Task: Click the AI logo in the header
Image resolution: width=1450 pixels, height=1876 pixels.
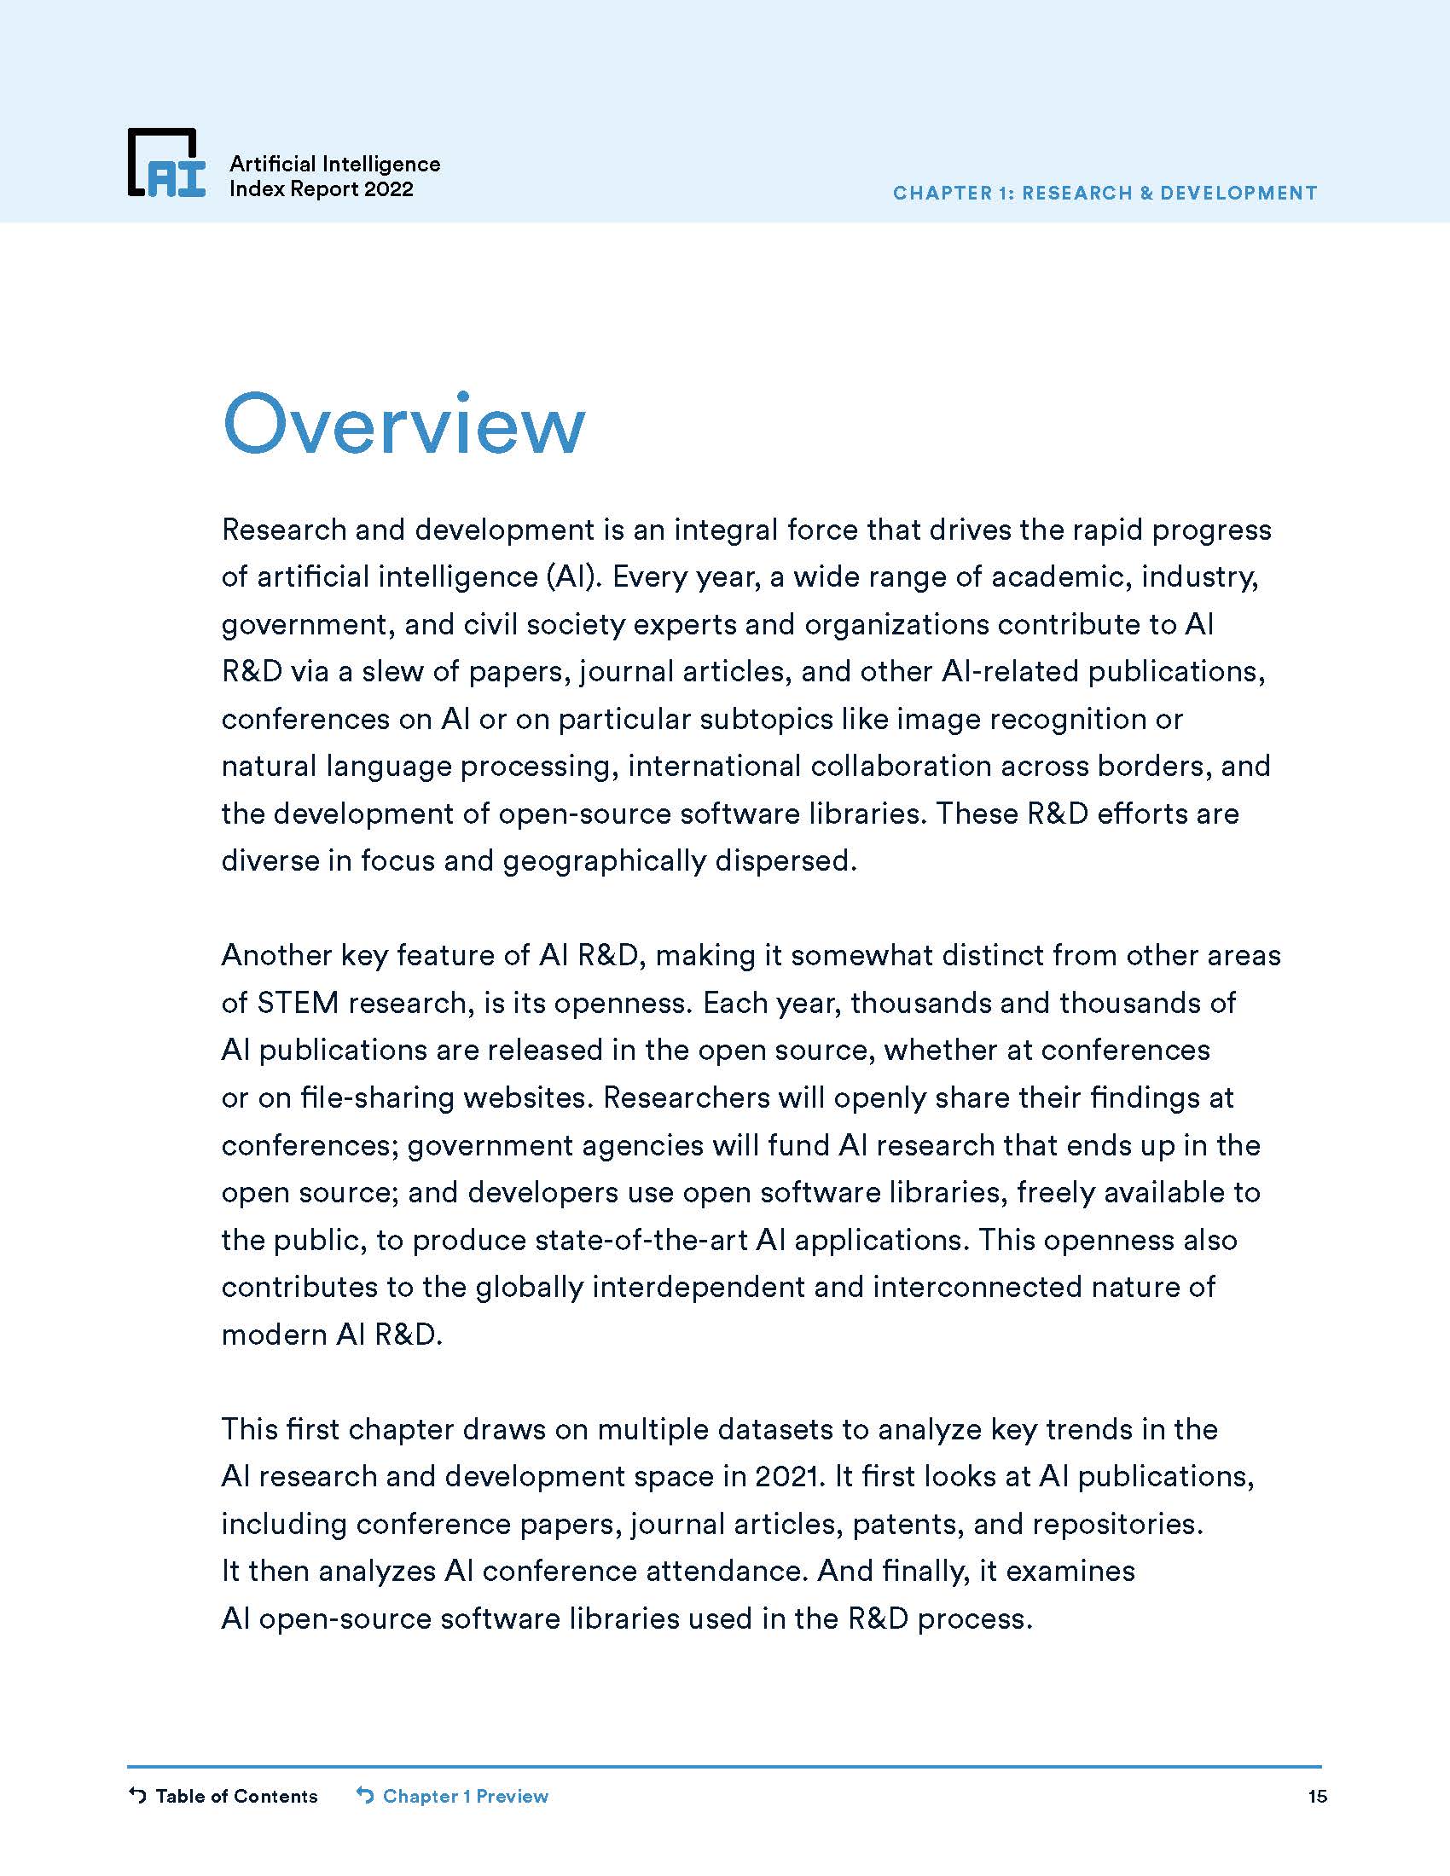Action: coord(166,163)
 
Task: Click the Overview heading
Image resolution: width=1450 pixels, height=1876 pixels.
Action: coord(403,425)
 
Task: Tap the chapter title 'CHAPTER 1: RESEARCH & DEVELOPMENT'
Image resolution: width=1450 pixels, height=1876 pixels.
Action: coord(1105,194)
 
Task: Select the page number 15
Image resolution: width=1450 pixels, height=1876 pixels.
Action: coord(1317,1796)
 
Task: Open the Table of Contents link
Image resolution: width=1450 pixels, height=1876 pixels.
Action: coord(236,1796)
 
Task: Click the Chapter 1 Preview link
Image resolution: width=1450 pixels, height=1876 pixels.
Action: coord(465,1796)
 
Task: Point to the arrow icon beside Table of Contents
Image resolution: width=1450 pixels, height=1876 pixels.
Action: coord(137,1795)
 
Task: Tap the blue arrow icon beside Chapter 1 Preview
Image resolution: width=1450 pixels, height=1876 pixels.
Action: coord(365,1795)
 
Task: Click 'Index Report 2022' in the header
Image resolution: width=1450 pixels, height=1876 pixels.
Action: coord(322,189)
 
